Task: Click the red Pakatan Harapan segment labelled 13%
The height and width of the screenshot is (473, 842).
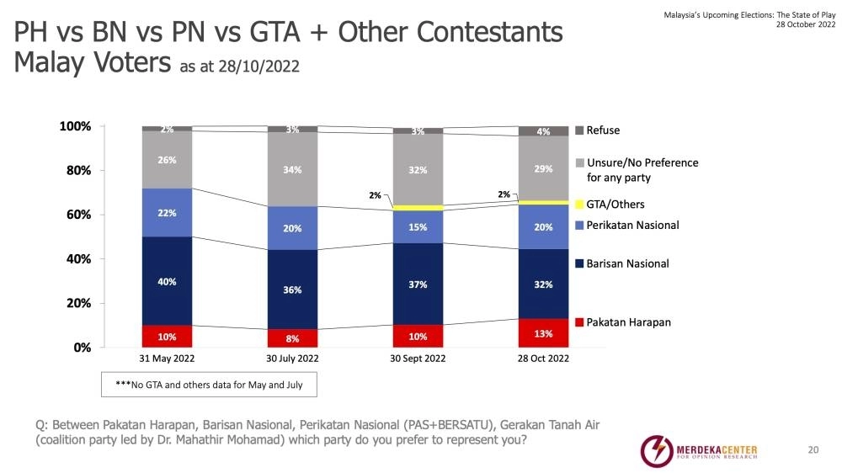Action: click(543, 332)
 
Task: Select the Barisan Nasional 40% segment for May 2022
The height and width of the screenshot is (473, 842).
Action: click(167, 281)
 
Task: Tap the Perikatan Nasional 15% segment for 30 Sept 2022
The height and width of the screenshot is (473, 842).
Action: click(418, 226)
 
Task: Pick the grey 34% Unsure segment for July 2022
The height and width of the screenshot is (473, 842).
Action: click(292, 169)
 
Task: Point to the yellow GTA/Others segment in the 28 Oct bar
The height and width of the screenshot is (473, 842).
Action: click(543, 202)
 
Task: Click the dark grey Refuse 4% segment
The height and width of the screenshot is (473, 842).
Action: click(543, 131)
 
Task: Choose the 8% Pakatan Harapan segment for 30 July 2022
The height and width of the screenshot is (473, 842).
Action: click(292, 338)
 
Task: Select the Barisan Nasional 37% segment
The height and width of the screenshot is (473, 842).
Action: click(418, 284)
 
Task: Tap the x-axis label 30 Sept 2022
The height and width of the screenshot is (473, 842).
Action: click(418, 359)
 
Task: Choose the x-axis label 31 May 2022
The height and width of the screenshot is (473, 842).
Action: click(167, 359)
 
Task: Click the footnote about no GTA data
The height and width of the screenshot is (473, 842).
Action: click(210, 385)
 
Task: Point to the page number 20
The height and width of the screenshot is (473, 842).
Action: click(813, 450)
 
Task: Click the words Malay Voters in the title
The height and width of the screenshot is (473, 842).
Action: click(92, 63)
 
